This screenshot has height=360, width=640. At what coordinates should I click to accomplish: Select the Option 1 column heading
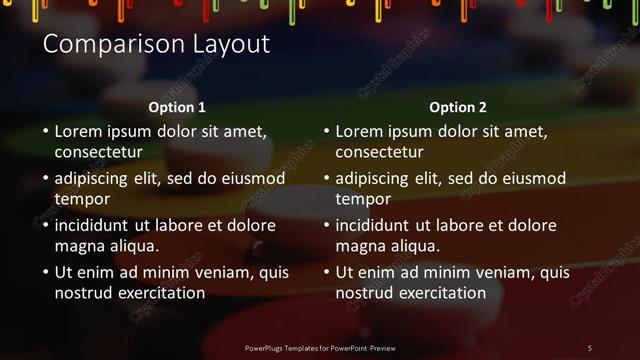click(x=177, y=107)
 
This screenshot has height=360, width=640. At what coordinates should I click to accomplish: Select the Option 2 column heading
click(x=458, y=107)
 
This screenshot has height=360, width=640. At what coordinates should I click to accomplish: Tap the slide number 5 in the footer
click(x=590, y=348)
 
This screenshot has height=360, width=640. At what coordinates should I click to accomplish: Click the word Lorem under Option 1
click(x=78, y=131)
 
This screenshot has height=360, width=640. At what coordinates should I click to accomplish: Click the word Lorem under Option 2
click(x=359, y=131)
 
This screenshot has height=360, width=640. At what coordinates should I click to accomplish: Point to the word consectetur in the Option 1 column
click(x=98, y=153)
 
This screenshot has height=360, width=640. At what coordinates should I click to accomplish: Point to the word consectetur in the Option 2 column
click(x=379, y=153)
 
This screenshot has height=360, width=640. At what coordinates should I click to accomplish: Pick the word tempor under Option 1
click(x=81, y=200)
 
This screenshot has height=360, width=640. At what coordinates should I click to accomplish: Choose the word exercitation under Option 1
click(x=161, y=293)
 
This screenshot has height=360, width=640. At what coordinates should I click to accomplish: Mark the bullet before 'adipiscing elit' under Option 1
click(x=45, y=179)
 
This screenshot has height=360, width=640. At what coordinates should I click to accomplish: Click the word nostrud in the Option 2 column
click(x=364, y=293)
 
